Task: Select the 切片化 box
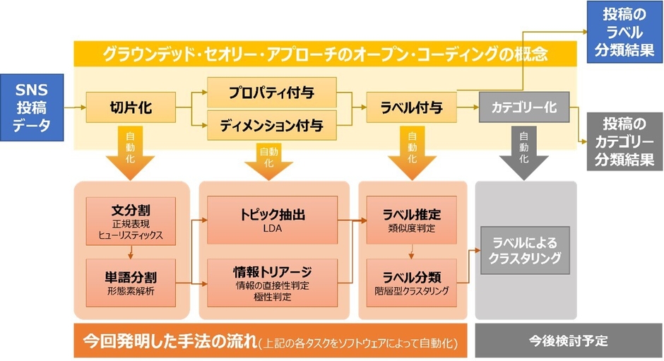point(130,107)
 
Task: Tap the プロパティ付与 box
point(271,93)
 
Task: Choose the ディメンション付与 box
point(271,126)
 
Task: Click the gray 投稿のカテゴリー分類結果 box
point(622,142)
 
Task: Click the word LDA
point(273,228)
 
